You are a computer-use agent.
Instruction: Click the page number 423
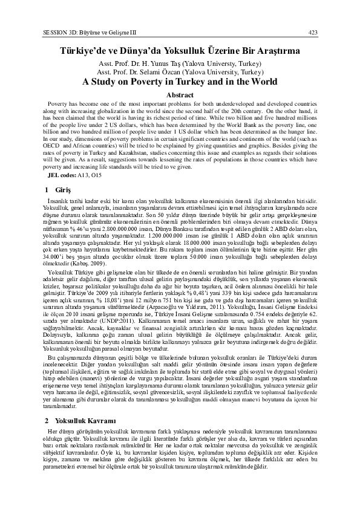pyautogui.click(x=313, y=31)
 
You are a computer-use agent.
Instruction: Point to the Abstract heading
pyautogui.click(x=180, y=95)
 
